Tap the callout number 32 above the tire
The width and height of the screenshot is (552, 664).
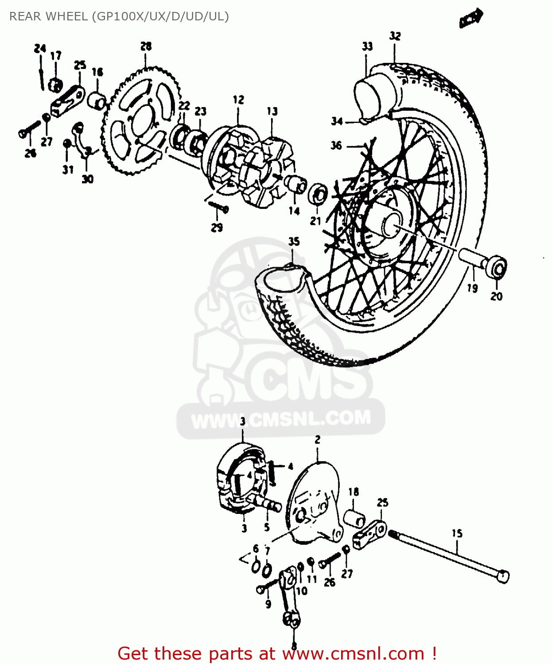click(x=395, y=36)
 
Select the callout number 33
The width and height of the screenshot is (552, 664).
click(x=367, y=46)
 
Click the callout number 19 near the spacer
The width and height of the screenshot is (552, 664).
click(x=472, y=288)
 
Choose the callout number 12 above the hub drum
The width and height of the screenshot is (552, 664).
click(x=238, y=100)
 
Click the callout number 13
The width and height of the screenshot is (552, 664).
click(x=272, y=111)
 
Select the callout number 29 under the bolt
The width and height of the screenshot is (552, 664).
click(x=217, y=228)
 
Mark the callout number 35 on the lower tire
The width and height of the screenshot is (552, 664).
click(x=294, y=242)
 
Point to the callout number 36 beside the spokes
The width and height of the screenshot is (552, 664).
click(x=336, y=145)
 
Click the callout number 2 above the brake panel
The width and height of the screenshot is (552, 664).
click(x=318, y=440)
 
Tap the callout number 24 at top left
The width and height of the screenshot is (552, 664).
click(x=40, y=48)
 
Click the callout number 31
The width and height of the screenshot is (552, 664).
click(x=68, y=170)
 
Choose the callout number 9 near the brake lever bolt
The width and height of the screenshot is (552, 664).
click(x=268, y=604)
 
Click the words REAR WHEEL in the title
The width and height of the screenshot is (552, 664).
click(x=48, y=16)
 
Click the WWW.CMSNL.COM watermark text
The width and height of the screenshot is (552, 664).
click(x=281, y=419)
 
